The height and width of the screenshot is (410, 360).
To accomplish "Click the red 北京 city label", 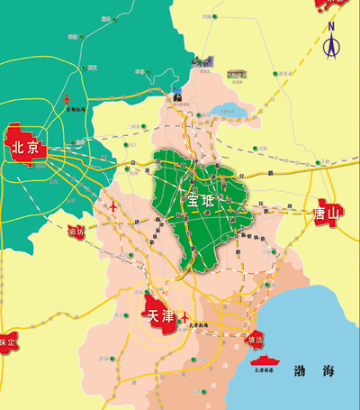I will [25, 149].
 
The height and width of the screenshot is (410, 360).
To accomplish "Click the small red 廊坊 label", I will [76, 232].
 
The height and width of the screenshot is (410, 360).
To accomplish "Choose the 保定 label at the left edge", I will [7, 342].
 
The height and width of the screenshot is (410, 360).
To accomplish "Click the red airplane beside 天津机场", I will [184, 316].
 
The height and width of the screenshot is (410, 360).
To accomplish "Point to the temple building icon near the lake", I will [238, 74].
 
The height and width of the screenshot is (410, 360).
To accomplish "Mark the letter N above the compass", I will [330, 27].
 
